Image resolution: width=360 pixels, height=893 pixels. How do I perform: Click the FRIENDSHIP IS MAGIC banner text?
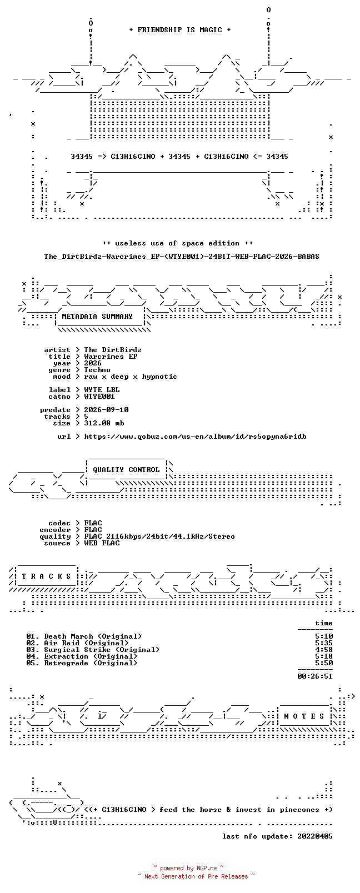click(x=180, y=30)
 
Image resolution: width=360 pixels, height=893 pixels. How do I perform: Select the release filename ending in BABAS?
click(x=182, y=257)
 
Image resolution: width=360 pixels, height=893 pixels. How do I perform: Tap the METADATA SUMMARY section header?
click(x=97, y=317)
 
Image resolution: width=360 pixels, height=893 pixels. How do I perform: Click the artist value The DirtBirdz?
click(x=113, y=350)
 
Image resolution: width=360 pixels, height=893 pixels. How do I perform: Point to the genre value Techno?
click(x=97, y=370)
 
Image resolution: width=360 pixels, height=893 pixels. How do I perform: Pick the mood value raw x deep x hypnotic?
click(x=131, y=377)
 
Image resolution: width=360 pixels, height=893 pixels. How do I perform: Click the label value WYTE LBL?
click(x=102, y=390)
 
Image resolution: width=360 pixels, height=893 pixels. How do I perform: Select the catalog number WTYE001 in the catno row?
click(x=99, y=397)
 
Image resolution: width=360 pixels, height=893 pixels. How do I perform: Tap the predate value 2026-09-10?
click(x=106, y=410)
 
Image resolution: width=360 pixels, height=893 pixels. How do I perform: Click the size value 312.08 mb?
click(x=104, y=423)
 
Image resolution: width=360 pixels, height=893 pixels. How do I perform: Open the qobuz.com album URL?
click(x=195, y=437)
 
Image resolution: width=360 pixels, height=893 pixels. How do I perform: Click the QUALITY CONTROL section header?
click(x=126, y=470)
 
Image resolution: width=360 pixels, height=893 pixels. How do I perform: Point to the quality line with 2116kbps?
click(x=159, y=536)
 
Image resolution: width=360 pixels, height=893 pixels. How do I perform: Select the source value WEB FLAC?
click(x=102, y=543)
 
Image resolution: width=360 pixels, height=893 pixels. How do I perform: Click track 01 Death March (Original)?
click(x=84, y=636)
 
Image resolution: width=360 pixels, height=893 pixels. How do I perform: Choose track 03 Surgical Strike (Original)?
click(x=92, y=650)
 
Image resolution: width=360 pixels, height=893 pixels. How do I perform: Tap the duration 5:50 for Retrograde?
click(x=324, y=664)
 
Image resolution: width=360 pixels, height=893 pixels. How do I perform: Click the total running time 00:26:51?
click(x=315, y=676)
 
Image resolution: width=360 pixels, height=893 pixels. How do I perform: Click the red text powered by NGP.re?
click(x=188, y=868)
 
